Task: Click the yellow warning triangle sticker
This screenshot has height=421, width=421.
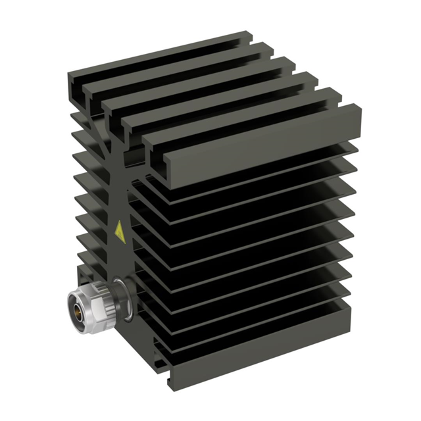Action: [120, 232]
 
